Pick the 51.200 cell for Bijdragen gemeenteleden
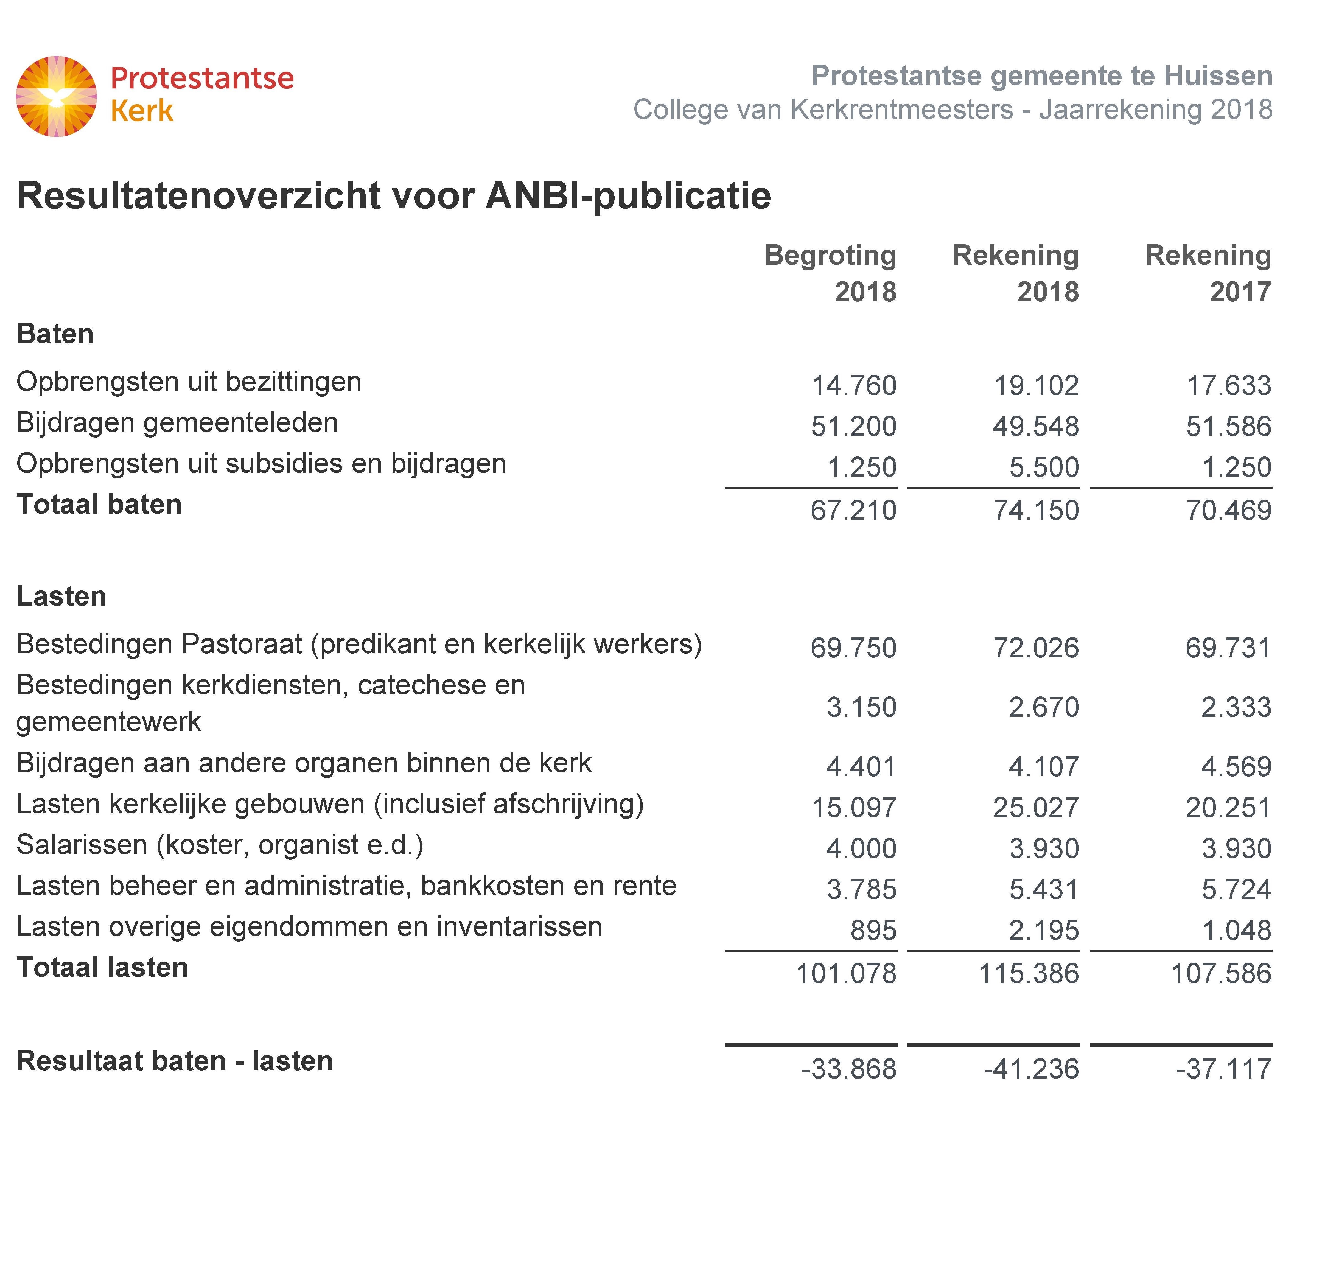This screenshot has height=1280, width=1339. click(x=853, y=427)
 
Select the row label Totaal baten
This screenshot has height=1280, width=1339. click(x=99, y=504)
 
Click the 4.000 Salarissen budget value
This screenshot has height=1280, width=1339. click(x=861, y=849)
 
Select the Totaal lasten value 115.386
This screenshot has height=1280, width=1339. click(x=1029, y=974)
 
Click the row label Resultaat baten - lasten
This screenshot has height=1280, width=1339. click(x=175, y=1061)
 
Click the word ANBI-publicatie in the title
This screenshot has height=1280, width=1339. click(x=628, y=196)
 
